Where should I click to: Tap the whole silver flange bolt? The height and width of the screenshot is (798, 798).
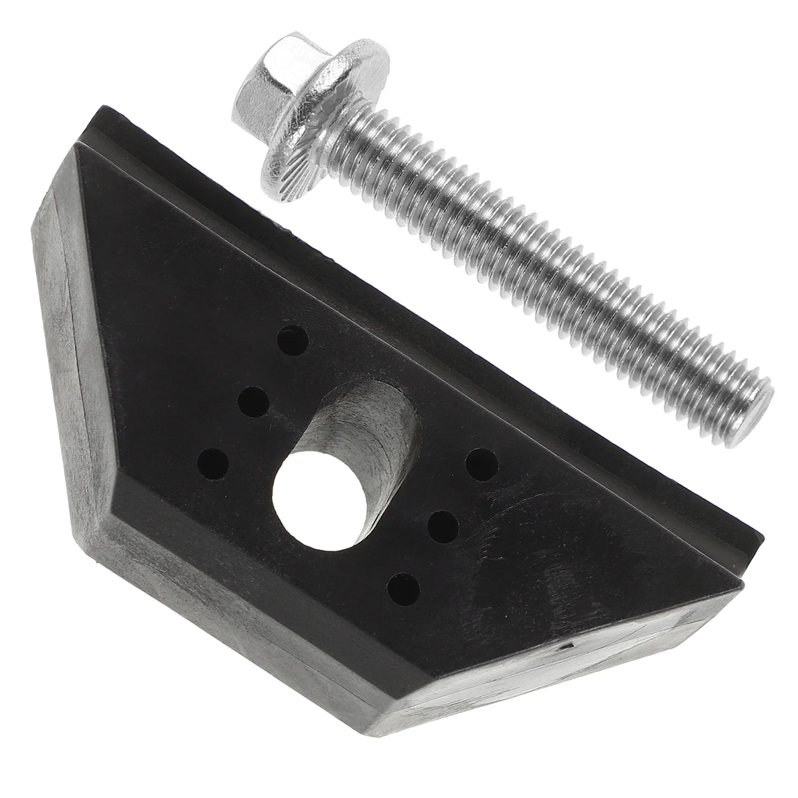(x=499, y=234)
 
